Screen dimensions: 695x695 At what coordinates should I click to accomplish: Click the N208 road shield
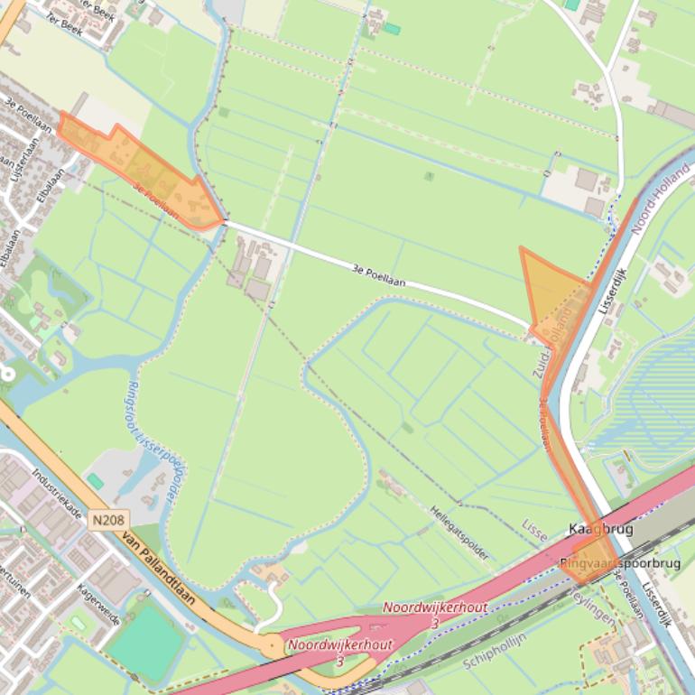[x=109, y=520]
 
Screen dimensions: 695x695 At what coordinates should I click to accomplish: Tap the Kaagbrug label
[x=600, y=529]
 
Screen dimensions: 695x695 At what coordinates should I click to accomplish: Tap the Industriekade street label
[x=57, y=494]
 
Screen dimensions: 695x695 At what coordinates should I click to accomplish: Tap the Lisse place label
[x=534, y=530]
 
